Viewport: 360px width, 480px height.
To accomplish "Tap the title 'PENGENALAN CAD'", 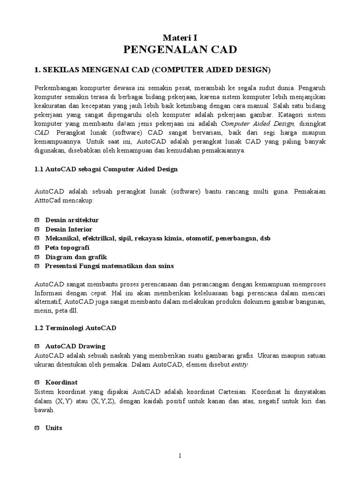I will point(180,50).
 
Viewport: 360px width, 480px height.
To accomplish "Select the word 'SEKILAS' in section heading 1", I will point(59,70).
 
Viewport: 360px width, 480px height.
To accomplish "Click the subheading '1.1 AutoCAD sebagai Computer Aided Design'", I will point(106,169).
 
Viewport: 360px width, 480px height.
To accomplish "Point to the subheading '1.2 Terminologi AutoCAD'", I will point(75,328).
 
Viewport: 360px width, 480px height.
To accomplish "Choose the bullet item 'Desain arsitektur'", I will point(72,220).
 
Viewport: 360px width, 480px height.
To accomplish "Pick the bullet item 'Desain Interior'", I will point(68,229).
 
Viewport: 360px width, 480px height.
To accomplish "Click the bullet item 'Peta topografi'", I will point(67,247).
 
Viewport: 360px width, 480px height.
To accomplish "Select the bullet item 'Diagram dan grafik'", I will point(76,257).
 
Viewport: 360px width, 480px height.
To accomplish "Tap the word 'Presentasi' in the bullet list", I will point(61,266).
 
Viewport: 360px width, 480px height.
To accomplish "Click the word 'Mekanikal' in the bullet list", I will point(61,238).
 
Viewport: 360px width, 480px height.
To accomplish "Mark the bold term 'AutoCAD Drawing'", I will point(75,346).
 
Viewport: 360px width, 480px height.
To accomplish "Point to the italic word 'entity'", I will point(240,365).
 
